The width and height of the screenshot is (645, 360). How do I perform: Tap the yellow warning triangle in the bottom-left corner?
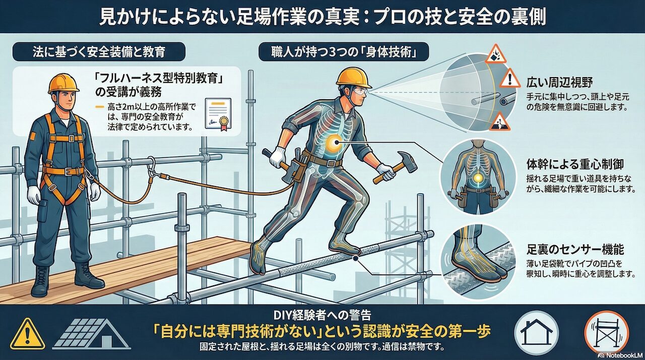tap(27, 335)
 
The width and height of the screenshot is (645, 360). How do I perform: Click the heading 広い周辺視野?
tap(560, 83)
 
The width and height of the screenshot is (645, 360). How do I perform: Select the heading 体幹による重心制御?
tap(575, 164)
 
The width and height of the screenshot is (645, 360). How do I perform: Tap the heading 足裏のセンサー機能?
tap(575, 250)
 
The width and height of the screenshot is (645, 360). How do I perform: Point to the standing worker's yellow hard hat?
tap(64, 83)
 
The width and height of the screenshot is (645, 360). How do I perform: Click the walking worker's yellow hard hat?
tap(354, 77)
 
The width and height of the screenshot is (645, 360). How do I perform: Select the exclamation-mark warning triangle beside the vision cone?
tap(510, 78)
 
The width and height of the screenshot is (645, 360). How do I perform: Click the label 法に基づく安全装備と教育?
tap(99, 52)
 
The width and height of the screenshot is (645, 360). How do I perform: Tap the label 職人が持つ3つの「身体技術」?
tap(344, 52)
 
